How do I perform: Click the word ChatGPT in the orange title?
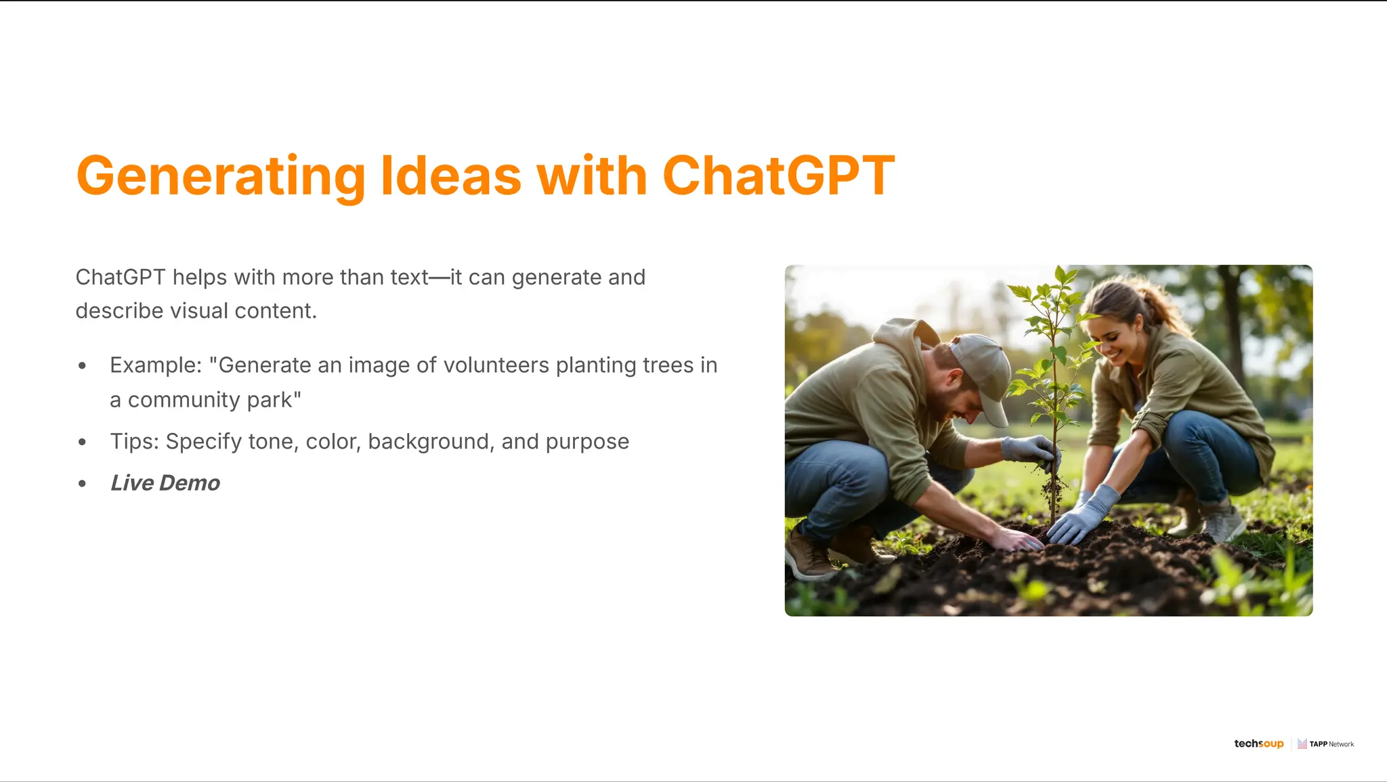778,176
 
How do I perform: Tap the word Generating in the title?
221,177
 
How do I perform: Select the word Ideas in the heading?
450,176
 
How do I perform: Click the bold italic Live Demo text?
165,483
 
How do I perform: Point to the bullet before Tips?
83,442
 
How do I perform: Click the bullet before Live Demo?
83,483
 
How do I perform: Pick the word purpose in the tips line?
587,443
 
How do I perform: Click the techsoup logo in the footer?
1258,743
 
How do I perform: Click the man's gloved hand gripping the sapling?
1029,451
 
